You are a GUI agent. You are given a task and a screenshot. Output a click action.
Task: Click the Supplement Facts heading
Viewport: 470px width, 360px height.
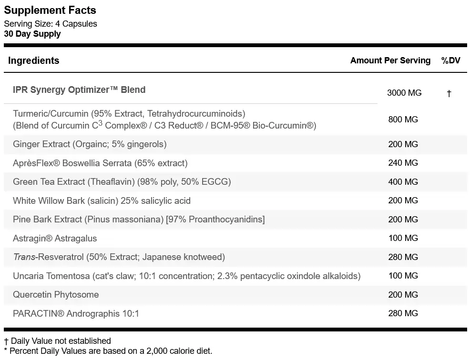(50, 10)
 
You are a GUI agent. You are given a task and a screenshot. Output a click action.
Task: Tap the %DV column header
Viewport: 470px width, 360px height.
(450, 60)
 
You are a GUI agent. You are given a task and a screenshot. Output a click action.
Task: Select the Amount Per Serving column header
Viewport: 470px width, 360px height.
(390, 60)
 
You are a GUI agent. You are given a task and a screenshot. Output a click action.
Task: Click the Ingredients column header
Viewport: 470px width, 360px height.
(33, 60)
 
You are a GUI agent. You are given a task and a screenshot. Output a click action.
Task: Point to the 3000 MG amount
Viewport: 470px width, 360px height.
(404, 93)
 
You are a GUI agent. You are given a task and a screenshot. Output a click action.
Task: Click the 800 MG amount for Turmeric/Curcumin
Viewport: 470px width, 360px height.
(403, 120)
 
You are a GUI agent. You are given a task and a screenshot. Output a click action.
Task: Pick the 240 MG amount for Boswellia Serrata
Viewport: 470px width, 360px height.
(403, 163)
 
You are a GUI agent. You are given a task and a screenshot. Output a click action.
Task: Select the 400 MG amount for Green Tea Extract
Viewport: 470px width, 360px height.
(403, 182)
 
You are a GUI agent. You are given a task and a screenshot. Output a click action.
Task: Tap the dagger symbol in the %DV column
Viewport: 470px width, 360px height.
(449, 93)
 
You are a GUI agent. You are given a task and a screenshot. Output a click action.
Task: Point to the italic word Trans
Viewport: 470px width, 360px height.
(24, 257)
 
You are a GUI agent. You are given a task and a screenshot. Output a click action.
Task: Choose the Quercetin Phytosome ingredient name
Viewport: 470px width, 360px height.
(56, 295)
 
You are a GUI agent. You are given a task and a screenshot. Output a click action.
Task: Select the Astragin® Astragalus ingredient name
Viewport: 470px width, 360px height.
(55, 239)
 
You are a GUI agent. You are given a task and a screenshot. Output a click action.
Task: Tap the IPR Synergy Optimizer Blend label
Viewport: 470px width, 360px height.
(79, 90)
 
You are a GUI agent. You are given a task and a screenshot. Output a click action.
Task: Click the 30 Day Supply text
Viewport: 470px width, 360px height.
(32, 34)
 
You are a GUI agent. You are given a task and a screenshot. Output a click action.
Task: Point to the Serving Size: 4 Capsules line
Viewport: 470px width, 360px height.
(51, 24)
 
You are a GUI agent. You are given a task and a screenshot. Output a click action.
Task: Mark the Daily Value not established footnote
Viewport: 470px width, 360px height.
(58, 341)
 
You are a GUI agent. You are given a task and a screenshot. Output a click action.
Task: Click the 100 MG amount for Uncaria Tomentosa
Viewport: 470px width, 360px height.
(403, 276)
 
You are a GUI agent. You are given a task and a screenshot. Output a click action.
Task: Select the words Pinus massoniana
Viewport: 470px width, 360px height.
(124, 220)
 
